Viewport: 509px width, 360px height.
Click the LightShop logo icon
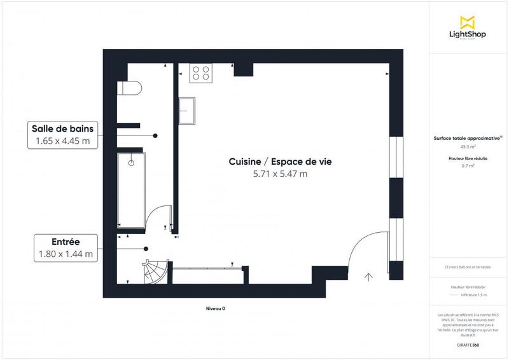click(468, 23)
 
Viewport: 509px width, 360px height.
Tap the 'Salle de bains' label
click(62, 128)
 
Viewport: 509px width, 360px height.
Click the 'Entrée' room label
click(66, 242)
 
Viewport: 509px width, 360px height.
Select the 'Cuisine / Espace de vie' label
click(280, 162)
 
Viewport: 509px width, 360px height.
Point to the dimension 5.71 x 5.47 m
click(280, 174)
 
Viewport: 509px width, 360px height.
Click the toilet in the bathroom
click(129, 88)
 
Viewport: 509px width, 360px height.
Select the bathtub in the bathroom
click(131, 188)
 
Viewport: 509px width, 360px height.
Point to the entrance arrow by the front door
click(368, 276)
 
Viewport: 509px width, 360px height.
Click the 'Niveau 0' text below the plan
click(215, 308)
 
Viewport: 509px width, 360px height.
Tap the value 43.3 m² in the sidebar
click(468, 146)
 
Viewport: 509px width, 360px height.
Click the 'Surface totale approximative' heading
click(467, 137)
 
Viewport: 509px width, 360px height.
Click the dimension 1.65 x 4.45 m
click(62, 141)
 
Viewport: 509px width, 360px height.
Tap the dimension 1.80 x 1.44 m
click(66, 254)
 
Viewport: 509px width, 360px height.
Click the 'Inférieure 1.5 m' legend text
click(473, 295)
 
